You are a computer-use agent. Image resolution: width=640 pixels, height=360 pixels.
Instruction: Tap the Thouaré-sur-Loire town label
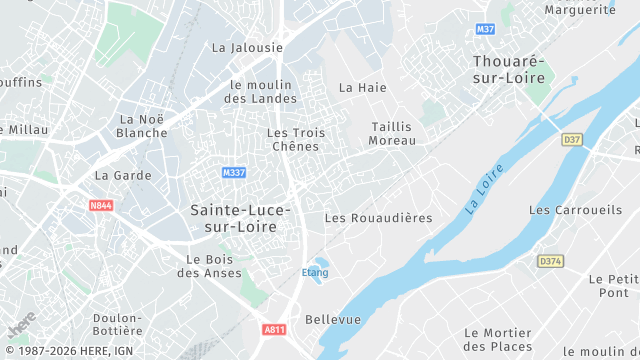[509, 69]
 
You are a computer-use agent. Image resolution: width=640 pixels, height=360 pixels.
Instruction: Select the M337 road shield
[234, 173]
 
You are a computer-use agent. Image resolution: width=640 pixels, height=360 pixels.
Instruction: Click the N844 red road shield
[101, 205]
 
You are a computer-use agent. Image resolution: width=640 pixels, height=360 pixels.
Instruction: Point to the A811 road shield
[274, 329]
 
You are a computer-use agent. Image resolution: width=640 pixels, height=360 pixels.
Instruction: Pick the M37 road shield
[486, 29]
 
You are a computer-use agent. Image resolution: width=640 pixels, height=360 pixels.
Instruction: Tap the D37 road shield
[572, 139]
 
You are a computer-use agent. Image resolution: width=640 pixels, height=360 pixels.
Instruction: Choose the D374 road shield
[550, 261]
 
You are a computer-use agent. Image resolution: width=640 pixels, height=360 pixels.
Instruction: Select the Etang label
[314, 272]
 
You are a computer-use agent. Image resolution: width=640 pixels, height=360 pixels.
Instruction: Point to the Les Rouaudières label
[379, 218]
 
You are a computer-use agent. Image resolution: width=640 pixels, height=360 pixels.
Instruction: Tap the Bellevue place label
[332, 319]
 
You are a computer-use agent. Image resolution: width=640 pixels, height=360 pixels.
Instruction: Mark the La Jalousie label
[247, 47]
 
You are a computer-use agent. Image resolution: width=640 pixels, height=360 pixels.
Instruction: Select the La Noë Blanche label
[142, 126]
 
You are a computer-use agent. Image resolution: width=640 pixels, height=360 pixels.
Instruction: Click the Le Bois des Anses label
[208, 264]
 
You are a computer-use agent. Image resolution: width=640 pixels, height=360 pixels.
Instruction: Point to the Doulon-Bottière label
[117, 324]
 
